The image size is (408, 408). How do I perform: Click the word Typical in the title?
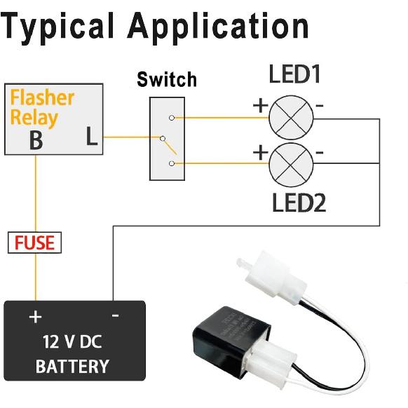(x=60, y=27)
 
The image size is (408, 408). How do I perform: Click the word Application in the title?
(x=219, y=27)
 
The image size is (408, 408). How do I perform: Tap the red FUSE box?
(x=35, y=243)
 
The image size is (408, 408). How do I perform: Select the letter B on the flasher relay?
(x=35, y=140)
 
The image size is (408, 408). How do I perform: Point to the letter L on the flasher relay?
(x=92, y=137)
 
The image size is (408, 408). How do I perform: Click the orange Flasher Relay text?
(x=42, y=107)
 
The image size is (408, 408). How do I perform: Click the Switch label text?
(x=166, y=79)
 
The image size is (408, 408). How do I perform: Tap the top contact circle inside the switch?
(x=172, y=118)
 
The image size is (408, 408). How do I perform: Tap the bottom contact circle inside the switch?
(x=172, y=163)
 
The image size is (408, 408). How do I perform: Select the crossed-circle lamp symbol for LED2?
(x=290, y=162)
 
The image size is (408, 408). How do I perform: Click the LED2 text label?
(x=300, y=203)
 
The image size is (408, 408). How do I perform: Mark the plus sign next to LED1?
(x=260, y=106)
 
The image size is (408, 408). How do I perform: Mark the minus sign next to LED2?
(x=320, y=151)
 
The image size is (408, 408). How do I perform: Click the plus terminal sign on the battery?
(x=35, y=317)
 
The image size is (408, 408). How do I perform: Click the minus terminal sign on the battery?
(x=115, y=316)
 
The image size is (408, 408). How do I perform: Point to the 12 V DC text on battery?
(x=72, y=344)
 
